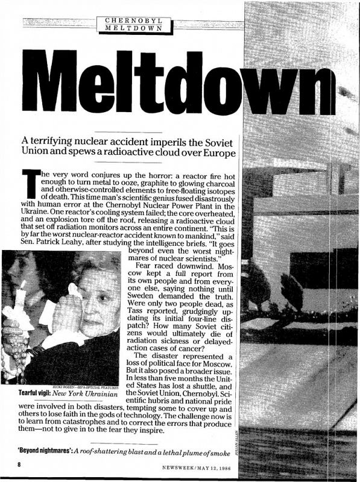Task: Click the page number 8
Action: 19,465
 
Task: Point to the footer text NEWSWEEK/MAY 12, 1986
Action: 196,466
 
